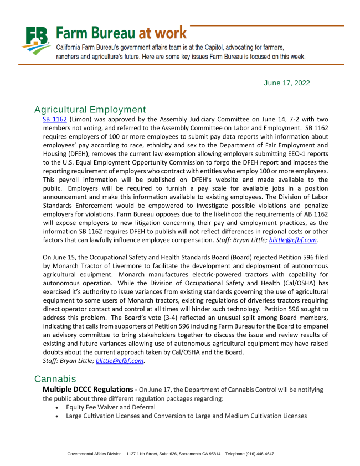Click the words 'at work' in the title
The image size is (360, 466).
coord(162,32)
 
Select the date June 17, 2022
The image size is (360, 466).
coord(287,83)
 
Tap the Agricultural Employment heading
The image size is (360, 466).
coord(90,109)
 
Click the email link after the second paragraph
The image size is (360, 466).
coord(120,360)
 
